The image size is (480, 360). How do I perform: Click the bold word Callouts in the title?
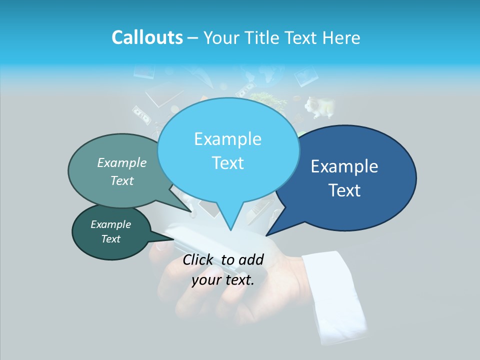[x=147, y=37]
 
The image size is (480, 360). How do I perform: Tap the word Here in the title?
[x=342, y=37]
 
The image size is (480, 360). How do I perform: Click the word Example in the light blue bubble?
[x=227, y=139]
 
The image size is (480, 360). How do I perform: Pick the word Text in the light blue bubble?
[x=227, y=163]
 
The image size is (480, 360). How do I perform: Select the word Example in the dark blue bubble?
[x=344, y=166]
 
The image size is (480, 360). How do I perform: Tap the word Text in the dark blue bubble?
[x=344, y=190]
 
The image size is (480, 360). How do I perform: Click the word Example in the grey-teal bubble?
[x=122, y=162]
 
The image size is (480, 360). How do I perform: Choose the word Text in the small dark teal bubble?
[x=111, y=239]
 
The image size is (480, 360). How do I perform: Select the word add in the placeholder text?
[x=251, y=259]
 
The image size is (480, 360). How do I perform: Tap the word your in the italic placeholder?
[x=206, y=280]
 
